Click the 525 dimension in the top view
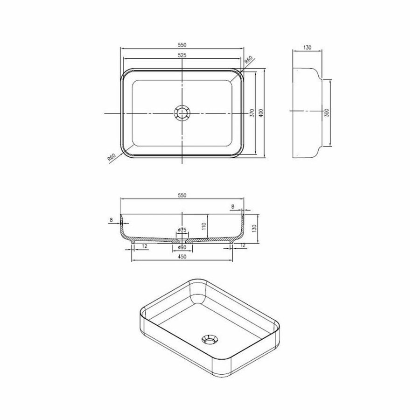pyautogui.click(x=182, y=55)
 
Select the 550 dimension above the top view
pyautogui.click(x=182, y=45)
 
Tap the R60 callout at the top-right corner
pyautogui.click(x=249, y=61)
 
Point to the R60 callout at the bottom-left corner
pyautogui.click(x=112, y=158)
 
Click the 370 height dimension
pyautogui.click(x=251, y=113)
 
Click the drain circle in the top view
pyautogui.click(x=182, y=113)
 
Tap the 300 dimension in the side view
pyautogui.click(x=327, y=112)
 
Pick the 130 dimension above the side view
pyautogui.click(x=307, y=48)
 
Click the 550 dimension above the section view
pyautogui.click(x=182, y=196)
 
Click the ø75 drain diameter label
pyautogui.click(x=182, y=230)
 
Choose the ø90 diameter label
pyautogui.click(x=182, y=247)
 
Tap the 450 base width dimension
pyautogui.click(x=182, y=257)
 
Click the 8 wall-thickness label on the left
pyautogui.click(x=111, y=220)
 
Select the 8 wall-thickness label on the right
pyautogui.click(x=233, y=206)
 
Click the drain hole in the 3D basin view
pyautogui.click(x=209, y=339)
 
